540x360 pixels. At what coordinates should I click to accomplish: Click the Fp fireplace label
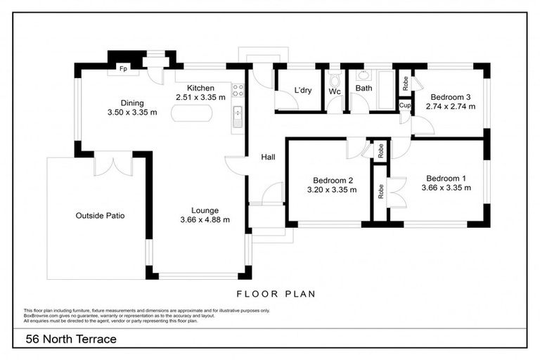pyautogui.click(x=123, y=68)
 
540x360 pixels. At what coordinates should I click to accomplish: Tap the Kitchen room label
pyautogui.click(x=190, y=88)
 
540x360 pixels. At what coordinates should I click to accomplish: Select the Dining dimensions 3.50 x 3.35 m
pyautogui.click(x=131, y=112)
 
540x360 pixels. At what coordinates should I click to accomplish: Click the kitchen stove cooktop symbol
pyautogui.click(x=238, y=90)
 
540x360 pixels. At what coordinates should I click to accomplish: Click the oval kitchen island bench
pyautogui.click(x=191, y=114)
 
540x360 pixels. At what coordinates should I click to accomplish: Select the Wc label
pyautogui.click(x=335, y=91)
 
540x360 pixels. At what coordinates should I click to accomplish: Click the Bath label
pyautogui.click(x=364, y=89)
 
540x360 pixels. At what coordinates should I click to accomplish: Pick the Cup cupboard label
pyautogui.click(x=404, y=105)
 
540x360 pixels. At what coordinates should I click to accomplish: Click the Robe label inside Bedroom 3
pyautogui.click(x=405, y=83)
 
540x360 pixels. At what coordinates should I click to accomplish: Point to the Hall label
pyautogui.click(x=268, y=157)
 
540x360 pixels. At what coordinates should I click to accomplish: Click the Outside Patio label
pyautogui.click(x=100, y=215)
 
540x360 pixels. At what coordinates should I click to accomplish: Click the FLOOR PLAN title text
pyautogui.click(x=276, y=294)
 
